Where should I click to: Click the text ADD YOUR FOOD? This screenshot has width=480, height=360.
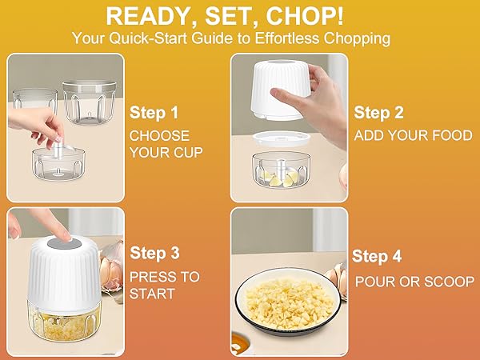(414, 135)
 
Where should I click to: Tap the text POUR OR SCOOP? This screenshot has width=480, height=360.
(414, 281)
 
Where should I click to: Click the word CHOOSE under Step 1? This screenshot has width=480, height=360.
(159, 135)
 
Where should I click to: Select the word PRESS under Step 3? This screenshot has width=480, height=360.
(154, 278)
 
